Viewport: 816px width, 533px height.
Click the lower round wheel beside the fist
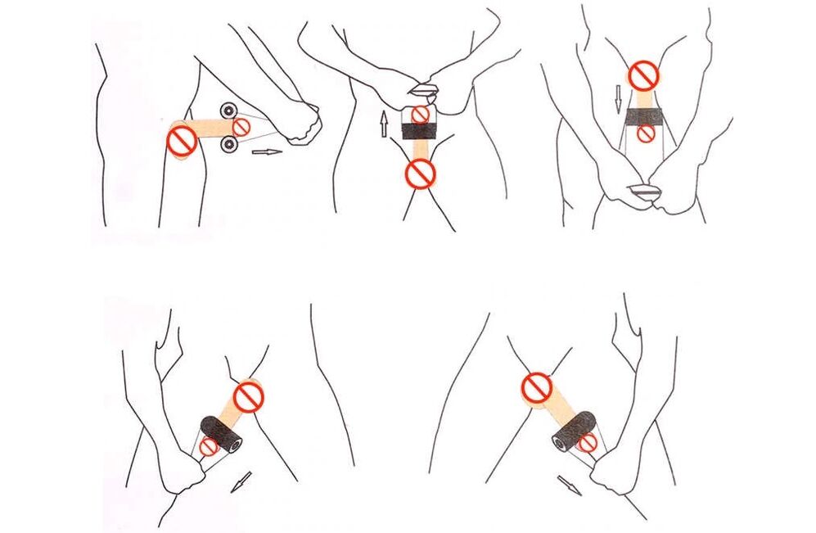point(229,146)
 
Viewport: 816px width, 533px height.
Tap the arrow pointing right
point(266,151)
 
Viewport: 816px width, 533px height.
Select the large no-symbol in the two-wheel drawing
point(181,141)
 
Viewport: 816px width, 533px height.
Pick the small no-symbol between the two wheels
point(242,127)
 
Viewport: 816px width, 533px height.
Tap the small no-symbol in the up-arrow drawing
point(420,115)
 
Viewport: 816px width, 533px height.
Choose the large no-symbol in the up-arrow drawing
point(421,173)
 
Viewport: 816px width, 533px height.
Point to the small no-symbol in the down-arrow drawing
point(646,133)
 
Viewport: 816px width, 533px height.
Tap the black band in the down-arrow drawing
point(645,115)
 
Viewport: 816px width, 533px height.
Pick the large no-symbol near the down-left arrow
point(248,397)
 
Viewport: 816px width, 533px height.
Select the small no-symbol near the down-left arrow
point(210,447)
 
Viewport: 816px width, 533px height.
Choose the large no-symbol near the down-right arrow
point(537,387)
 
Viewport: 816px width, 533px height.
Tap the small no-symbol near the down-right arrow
point(587,443)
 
